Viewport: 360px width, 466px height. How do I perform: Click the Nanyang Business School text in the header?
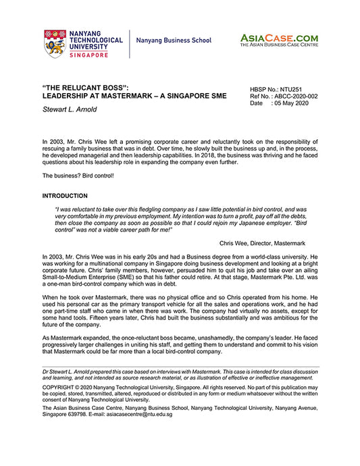tap(174, 41)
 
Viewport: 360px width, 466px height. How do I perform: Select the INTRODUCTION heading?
tap(64, 196)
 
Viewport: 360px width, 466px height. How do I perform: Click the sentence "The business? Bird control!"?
tap(76, 176)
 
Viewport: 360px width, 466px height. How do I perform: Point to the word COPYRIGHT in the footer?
tap(60, 388)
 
